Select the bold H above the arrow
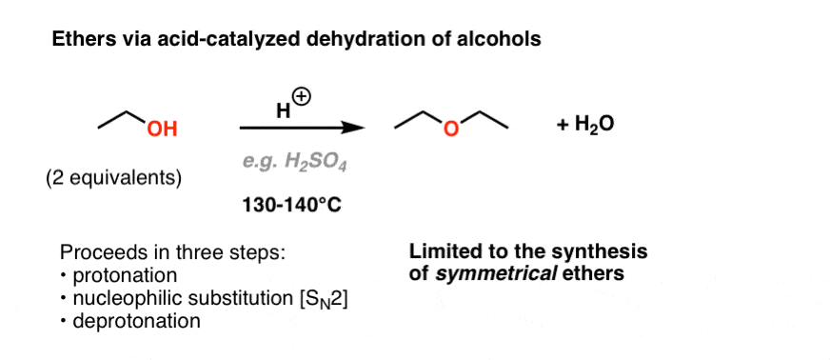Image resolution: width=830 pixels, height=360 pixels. [284, 110]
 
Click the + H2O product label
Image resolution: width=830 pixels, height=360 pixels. [585, 127]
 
